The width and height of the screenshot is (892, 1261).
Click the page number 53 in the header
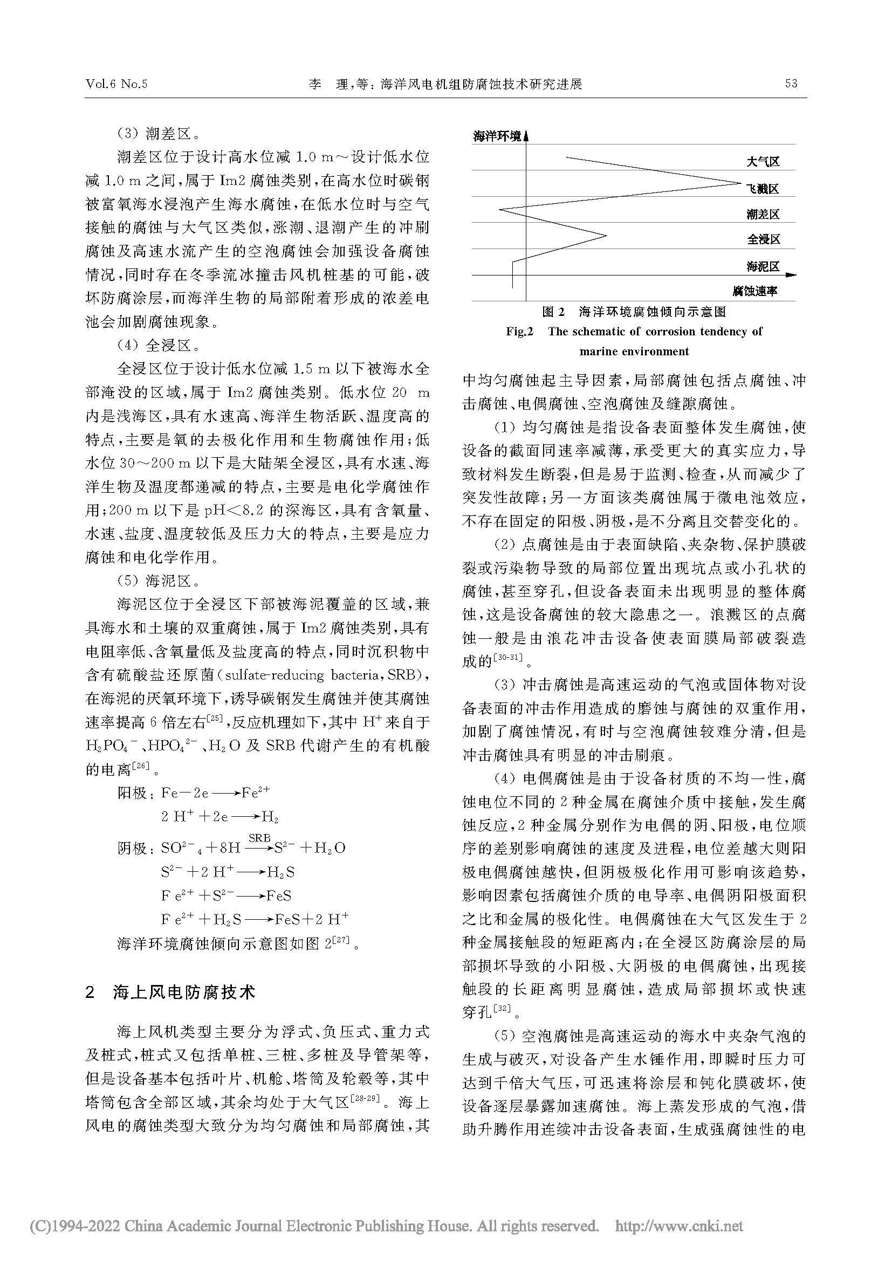pyautogui.click(x=791, y=84)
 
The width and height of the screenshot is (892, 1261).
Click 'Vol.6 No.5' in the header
pyautogui.click(x=117, y=84)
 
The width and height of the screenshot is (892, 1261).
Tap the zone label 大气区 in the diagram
pyautogui.click(x=763, y=162)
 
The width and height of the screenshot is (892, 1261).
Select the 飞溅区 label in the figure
pyautogui.click(x=763, y=189)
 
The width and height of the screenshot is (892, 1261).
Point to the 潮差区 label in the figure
pyautogui.click(x=763, y=215)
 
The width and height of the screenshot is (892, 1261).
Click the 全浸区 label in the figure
pyautogui.click(x=763, y=240)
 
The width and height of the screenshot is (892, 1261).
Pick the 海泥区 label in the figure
pyautogui.click(x=763, y=267)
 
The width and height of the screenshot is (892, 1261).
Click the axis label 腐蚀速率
pyautogui.click(x=754, y=291)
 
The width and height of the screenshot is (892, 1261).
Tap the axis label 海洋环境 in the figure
pyautogui.click(x=497, y=136)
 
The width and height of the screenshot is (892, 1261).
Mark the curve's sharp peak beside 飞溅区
pyautogui.click(x=739, y=183)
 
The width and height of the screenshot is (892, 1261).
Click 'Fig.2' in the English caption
pyautogui.click(x=519, y=332)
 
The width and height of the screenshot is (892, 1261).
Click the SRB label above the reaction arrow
pyautogui.click(x=259, y=838)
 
